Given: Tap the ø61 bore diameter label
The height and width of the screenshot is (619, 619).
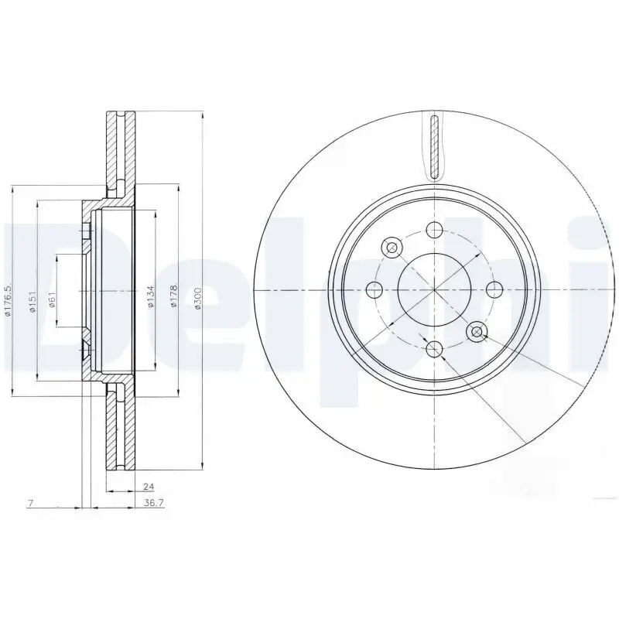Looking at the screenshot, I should (52, 299).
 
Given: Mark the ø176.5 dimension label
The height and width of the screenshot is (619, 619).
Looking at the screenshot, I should (9, 300).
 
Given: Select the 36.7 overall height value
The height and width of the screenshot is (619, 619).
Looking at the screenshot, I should (155, 503).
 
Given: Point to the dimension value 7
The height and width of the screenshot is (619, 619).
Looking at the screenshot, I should (29, 504).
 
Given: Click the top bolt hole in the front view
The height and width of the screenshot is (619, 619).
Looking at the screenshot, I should (434, 230).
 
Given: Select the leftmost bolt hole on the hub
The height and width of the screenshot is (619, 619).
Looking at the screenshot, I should (374, 290).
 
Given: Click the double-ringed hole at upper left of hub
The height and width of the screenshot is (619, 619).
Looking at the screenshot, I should (392, 248).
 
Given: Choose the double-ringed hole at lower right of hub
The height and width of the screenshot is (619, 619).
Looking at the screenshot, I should (477, 333).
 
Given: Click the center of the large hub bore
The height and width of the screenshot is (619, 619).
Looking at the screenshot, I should (434, 290).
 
